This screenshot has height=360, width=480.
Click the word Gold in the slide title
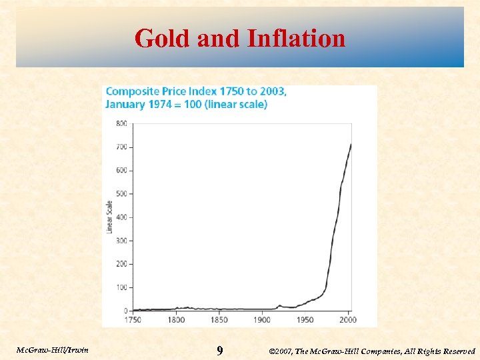point(163,39)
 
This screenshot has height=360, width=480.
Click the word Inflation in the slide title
point(296,39)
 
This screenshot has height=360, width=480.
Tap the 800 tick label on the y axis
point(121,123)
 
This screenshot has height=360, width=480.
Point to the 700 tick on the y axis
point(121,147)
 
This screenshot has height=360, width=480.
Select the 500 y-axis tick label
point(121,194)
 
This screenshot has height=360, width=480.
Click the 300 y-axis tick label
point(121,241)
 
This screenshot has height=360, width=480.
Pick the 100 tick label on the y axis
point(121,287)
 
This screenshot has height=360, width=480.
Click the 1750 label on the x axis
point(133,320)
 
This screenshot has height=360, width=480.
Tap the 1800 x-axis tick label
point(176,320)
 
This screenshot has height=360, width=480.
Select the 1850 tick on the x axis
point(219,320)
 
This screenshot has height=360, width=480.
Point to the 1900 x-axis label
point(261,320)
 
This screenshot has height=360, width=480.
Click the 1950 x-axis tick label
point(305,320)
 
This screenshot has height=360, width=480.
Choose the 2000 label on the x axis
point(347,320)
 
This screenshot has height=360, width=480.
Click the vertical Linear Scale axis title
point(110,217)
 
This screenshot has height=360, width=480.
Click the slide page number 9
point(220,350)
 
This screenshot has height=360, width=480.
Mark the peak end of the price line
point(351,144)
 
